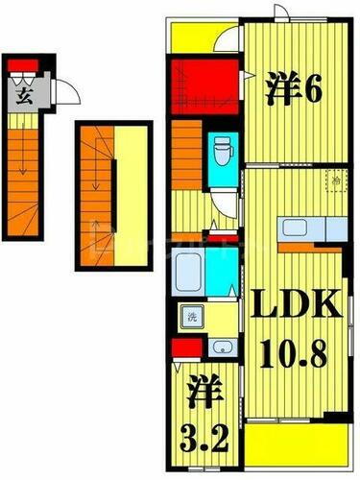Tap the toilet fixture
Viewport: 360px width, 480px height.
223,149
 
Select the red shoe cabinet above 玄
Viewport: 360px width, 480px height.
25,66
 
